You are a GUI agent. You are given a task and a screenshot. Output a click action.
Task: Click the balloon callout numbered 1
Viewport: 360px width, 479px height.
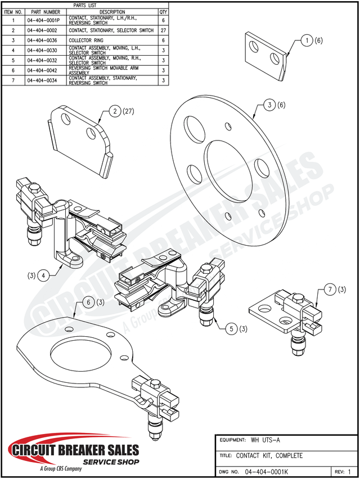pyautogui.click(x=307, y=40)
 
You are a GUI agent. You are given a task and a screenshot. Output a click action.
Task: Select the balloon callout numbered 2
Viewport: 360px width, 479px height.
pyautogui.click(x=115, y=112)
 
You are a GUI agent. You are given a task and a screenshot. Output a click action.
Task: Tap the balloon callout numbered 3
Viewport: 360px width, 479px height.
pyautogui.click(x=270, y=105)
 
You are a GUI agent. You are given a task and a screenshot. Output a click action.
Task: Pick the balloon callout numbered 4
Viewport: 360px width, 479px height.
pyautogui.click(x=43, y=275)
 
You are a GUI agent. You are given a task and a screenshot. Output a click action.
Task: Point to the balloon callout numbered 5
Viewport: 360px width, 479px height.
pyautogui.click(x=231, y=328)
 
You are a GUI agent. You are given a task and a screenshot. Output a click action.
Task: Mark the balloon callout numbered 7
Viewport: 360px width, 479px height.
pyautogui.click(x=328, y=290)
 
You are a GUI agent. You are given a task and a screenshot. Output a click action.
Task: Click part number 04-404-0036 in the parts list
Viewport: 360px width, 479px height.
pyautogui.click(x=42, y=40)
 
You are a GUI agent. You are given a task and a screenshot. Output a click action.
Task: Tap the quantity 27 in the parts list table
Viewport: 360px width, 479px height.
pyautogui.click(x=163, y=30)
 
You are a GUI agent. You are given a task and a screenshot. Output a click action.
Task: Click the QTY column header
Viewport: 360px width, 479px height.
pyautogui.click(x=163, y=11)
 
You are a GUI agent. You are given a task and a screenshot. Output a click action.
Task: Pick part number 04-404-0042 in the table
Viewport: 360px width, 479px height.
pyautogui.click(x=42, y=70)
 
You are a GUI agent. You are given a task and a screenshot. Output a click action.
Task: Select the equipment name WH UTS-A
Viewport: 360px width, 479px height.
pyautogui.click(x=267, y=440)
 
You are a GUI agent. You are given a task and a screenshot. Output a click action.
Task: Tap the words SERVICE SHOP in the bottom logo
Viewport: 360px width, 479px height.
pyautogui.click(x=111, y=461)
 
